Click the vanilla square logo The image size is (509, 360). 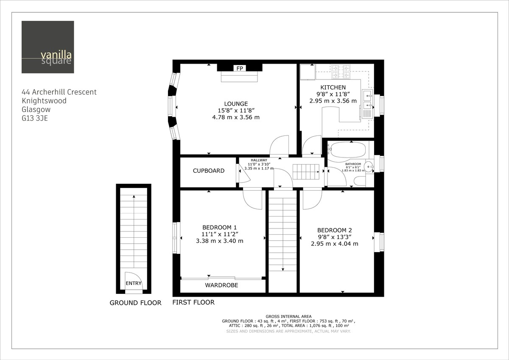(x=48, y=47)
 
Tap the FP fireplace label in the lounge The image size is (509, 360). (x=240, y=68)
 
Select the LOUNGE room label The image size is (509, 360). (x=236, y=104)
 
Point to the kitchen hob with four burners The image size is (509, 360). (x=341, y=71)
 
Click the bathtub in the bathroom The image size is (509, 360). (x=347, y=149)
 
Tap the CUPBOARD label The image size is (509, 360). (x=209, y=171)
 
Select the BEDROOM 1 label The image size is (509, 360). (x=220, y=227)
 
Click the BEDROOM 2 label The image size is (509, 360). (x=335, y=230)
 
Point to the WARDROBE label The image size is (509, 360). (x=221, y=285)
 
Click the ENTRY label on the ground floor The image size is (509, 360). (x=134, y=284)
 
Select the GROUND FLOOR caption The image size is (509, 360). (x=135, y=303)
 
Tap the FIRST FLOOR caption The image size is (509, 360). (x=193, y=302)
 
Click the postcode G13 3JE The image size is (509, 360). (x=35, y=118)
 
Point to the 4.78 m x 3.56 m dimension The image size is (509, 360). (x=236, y=117)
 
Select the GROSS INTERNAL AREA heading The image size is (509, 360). (x=288, y=316)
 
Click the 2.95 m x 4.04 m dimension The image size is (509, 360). (x=335, y=244)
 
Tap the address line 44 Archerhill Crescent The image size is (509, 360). (x=59, y=92)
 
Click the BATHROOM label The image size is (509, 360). (x=353, y=164)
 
